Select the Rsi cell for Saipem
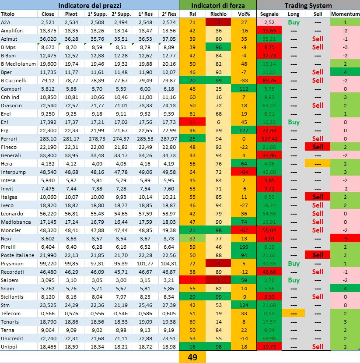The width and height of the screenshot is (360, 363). point(192,280)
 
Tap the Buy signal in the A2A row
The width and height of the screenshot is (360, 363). point(294,22)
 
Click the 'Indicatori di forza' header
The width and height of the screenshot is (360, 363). point(217,5)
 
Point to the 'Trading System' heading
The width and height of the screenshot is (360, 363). point(308,5)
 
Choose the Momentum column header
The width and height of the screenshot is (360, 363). point(345,14)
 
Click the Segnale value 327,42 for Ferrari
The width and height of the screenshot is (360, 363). point(269,139)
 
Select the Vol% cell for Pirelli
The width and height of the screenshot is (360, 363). point(244,247)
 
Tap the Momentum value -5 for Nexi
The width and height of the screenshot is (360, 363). point(345,239)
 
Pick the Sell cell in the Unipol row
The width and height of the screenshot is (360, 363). point(318,347)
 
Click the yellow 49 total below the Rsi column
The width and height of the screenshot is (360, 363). point(192,357)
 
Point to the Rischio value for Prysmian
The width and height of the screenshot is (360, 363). point(218,264)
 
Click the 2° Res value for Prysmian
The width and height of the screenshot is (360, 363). point(168,264)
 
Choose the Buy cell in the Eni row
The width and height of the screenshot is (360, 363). point(294,122)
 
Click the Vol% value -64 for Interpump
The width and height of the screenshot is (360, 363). point(244,172)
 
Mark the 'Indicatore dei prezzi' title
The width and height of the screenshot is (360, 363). point(89,5)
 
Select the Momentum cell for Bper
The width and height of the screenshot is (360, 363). point(345,72)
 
